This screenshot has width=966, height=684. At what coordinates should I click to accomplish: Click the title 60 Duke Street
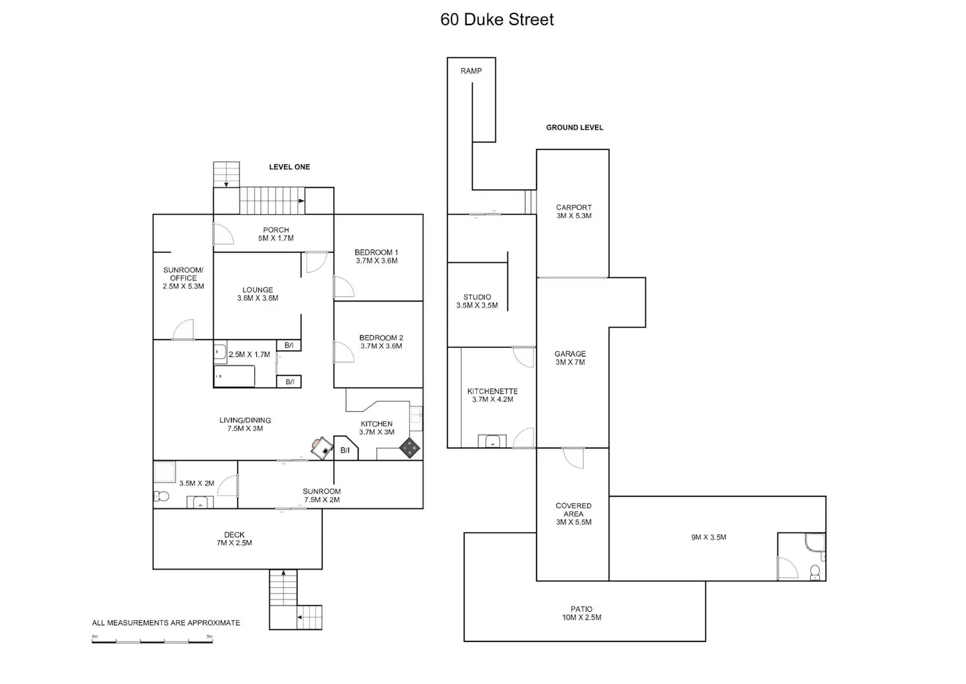point(497,19)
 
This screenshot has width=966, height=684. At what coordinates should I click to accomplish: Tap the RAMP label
point(471,71)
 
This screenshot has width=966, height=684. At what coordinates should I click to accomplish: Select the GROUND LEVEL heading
point(574,128)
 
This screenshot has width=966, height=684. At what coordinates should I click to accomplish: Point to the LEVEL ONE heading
point(289,167)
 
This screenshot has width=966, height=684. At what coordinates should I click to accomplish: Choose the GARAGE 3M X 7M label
point(570,358)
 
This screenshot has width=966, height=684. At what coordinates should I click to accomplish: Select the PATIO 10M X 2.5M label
point(582,613)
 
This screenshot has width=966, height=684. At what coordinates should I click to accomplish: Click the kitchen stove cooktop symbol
point(409,448)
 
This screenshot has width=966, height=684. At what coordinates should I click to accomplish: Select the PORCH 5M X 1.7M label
point(276,234)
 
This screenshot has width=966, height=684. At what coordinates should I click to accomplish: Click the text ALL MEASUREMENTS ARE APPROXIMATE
point(166,623)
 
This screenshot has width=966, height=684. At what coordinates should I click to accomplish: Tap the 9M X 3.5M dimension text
point(708,537)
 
